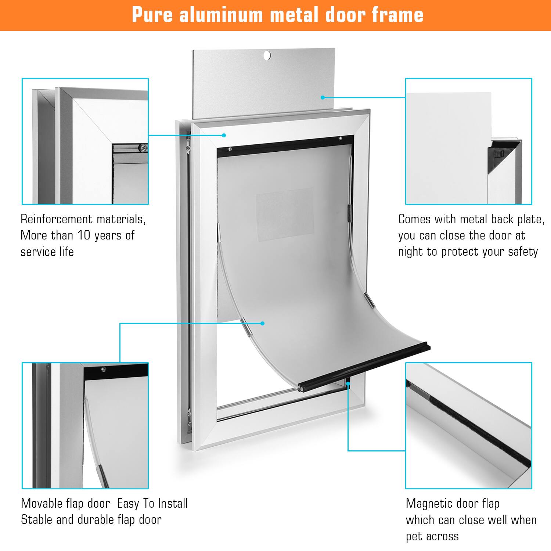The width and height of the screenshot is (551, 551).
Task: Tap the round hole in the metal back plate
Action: tap(267, 55)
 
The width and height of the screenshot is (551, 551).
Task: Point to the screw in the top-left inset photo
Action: tap(143, 148)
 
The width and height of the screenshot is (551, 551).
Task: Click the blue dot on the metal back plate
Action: tap(323, 97)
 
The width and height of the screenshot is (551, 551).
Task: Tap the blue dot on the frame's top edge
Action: tap(224, 135)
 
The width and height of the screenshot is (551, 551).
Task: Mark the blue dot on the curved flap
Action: tap(262, 323)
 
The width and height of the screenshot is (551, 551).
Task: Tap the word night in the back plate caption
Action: tap(411, 252)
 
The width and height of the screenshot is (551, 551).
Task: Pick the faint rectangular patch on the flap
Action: tap(285, 215)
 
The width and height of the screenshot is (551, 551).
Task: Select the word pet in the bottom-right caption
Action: tap(414, 536)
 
